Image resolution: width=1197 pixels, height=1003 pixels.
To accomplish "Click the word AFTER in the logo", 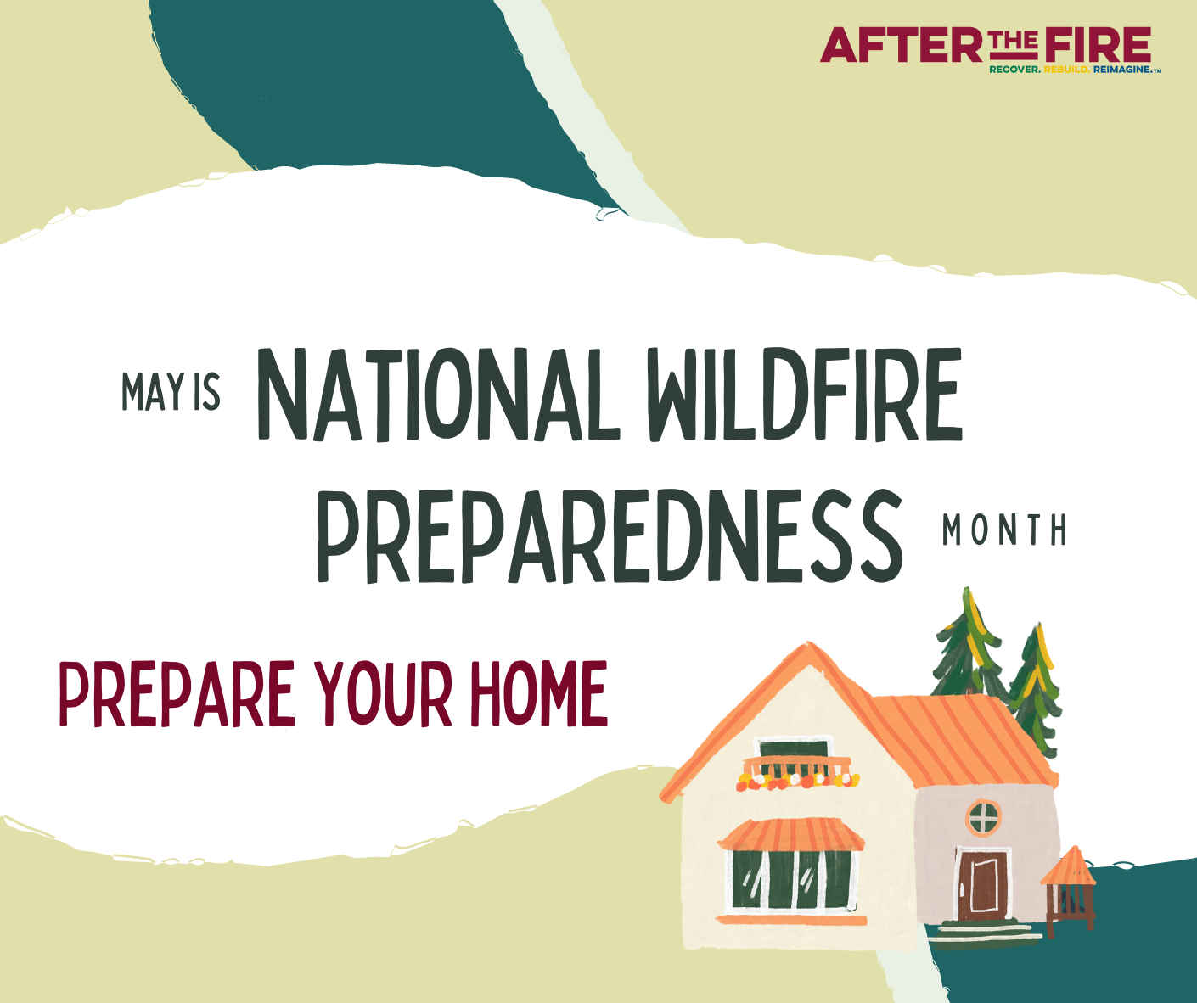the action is click(902, 45).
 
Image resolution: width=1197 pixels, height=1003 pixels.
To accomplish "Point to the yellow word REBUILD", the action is click(1067, 70).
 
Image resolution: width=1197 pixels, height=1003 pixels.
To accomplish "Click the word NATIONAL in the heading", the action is click(439, 395).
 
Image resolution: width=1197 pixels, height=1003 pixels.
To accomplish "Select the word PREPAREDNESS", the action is click(610, 536).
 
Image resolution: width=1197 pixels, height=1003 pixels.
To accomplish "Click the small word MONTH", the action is click(1004, 530).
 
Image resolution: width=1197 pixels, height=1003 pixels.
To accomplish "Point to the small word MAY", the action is click(153, 392).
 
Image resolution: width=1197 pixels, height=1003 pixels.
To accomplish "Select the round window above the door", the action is click(984, 816).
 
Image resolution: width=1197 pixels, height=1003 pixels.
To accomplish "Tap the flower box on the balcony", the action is click(798, 782).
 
